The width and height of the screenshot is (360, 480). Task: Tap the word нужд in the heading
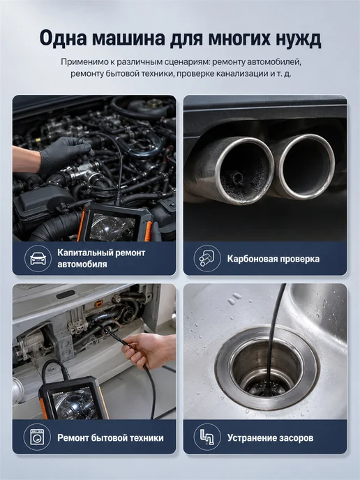298,39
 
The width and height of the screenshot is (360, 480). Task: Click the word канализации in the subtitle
243,74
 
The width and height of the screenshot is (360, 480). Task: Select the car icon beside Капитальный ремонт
38,258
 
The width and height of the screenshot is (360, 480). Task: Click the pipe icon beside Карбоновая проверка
207,258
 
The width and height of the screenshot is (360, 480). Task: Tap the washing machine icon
37,437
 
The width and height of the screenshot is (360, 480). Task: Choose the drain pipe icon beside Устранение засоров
207,437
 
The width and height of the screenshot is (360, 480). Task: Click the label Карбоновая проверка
273,259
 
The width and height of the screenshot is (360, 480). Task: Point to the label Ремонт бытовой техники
110,437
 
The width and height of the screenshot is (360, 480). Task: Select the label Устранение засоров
270,437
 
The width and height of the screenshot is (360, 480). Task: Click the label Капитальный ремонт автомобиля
101,258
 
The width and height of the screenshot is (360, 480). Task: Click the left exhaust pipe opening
244,170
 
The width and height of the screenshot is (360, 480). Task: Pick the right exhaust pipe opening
306,165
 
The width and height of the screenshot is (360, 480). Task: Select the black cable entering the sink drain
273,337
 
